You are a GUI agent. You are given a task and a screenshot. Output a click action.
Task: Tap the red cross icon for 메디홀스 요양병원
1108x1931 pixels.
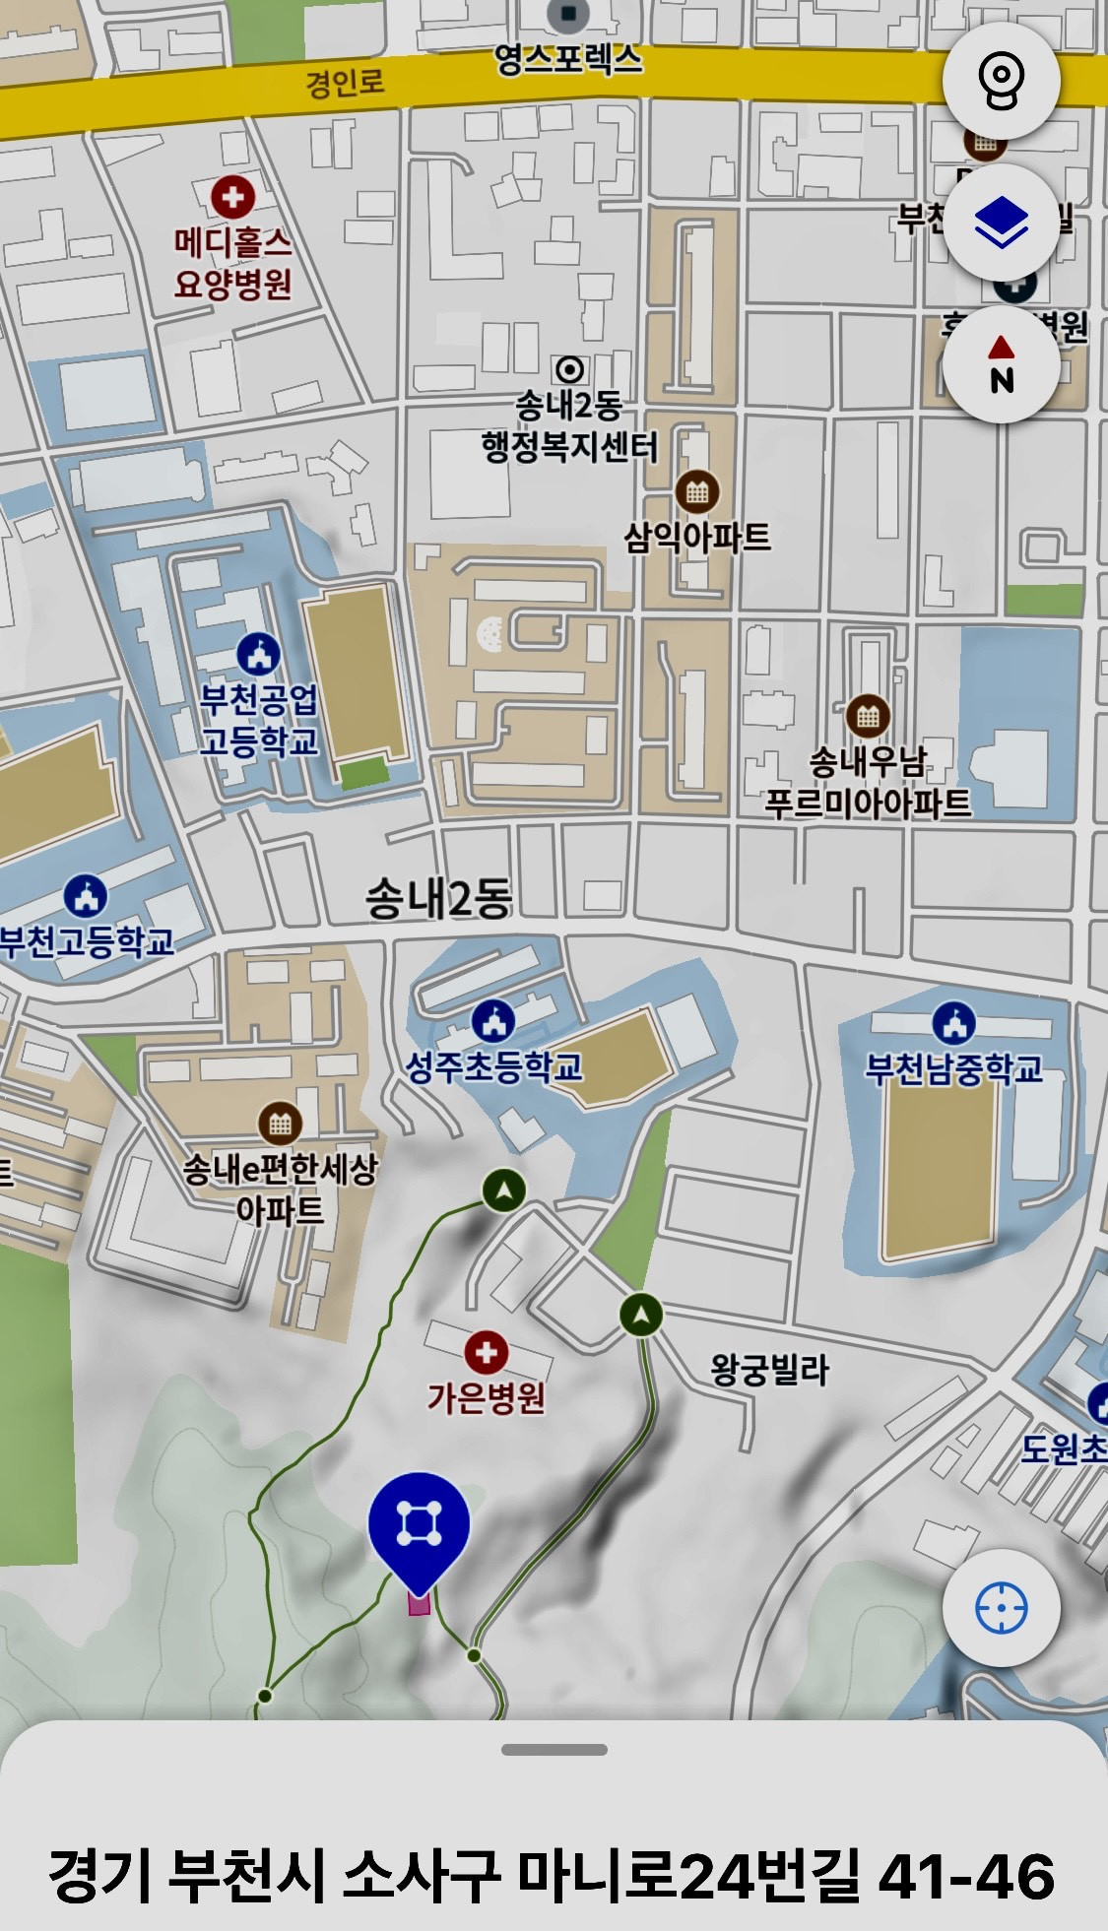click(x=232, y=198)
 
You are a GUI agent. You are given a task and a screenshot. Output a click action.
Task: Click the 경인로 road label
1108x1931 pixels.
click(x=345, y=82)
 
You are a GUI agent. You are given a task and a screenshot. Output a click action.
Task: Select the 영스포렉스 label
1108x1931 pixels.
click(x=568, y=59)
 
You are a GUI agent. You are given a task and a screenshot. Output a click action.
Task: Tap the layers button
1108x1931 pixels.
click(x=1001, y=223)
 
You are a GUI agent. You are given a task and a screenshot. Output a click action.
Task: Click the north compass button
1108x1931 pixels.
click(x=1001, y=364)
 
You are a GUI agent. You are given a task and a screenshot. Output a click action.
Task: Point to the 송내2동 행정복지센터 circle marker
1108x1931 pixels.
click(x=569, y=370)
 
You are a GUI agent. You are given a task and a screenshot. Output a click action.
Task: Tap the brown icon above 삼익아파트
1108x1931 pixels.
click(x=697, y=491)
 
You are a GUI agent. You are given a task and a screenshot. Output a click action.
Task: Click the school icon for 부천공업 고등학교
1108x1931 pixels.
click(x=259, y=654)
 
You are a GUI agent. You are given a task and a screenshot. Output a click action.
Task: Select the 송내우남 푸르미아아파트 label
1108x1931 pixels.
click(x=868, y=782)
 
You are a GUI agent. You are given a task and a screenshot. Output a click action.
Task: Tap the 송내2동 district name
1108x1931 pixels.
click(x=438, y=898)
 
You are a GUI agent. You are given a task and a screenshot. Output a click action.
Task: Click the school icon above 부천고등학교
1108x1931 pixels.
click(x=86, y=896)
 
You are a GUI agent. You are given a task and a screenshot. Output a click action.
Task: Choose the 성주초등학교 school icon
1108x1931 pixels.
click(x=493, y=1021)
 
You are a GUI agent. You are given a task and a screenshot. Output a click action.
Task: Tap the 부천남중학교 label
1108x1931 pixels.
click(x=953, y=1068)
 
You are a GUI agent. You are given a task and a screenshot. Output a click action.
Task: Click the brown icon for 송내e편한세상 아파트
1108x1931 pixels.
click(x=280, y=1123)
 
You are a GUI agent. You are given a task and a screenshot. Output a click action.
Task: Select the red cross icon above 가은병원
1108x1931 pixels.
click(x=486, y=1352)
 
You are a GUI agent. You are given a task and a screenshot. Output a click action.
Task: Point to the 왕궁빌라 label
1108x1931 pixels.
click(x=770, y=1369)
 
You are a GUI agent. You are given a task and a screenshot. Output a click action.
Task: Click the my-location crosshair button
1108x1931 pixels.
click(x=1001, y=1608)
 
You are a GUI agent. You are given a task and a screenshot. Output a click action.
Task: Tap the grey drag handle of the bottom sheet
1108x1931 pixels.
click(x=554, y=1750)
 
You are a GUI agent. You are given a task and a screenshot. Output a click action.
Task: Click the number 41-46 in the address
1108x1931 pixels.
click(x=965, y=1876)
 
